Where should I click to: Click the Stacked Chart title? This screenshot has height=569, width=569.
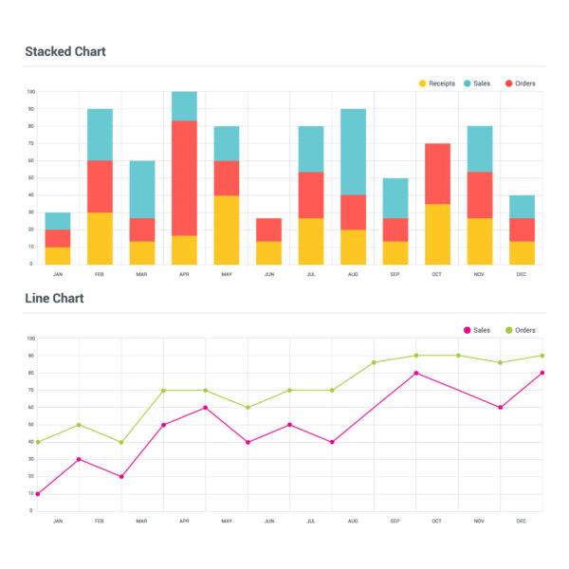pyautogui.click(x=65, y=51)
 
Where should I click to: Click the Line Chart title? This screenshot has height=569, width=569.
pyautogui.click(x=54, y=298)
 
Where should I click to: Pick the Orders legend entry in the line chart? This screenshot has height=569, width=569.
pyautogui.click(x=520, y=330)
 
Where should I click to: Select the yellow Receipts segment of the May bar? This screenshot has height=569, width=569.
pyautogui.click(x=227, y=230)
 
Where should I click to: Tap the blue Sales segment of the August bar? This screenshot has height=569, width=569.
pyautogui.click(x=354, y=152)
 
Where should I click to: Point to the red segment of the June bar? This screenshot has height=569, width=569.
pyautogui.click(x=269, y=229)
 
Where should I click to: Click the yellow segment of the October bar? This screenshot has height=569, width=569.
pyautogui.click(x=438, y=234)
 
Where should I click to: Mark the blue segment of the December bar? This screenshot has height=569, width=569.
pyautogui.click(x=523, y=207)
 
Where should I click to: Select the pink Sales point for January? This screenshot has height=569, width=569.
pyautogui.click(x=37, y=494)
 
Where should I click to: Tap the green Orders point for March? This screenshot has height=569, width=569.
pyautogui.click(x=121, y=442)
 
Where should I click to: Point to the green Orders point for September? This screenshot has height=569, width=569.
pyautogui.click(x=374, y=362)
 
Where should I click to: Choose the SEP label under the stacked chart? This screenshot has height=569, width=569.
pyautogui.click(x=395, y=274)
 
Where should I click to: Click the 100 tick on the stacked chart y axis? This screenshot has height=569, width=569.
pyautogui.click(x=30, y=92)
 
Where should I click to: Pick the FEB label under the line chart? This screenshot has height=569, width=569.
pyautogui.click(x=100, y=521)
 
